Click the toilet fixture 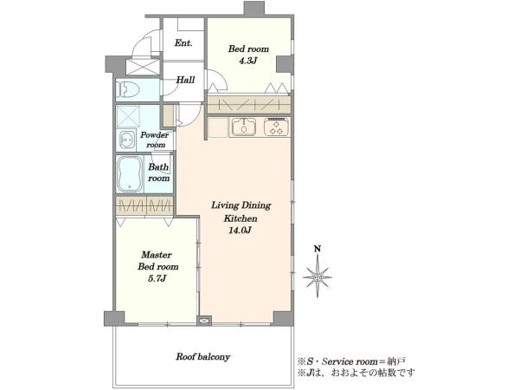[128, 89]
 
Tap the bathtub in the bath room [130, 174]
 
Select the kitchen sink [244, 127]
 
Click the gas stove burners [277, 127]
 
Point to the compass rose [317, 276]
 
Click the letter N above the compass [317, 249]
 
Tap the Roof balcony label [203, 357]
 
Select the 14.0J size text [240, 230]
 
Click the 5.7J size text [157, 278]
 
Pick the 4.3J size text [248, 61]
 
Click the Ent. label [183, 42]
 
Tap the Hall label [185, 80]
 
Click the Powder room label [155, 140]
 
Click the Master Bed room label [158, 261]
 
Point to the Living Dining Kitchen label [241, 211]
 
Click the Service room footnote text [351, 361]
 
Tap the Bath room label [158, 172]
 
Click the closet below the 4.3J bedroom [249, 104]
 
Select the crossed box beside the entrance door [143, 67]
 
